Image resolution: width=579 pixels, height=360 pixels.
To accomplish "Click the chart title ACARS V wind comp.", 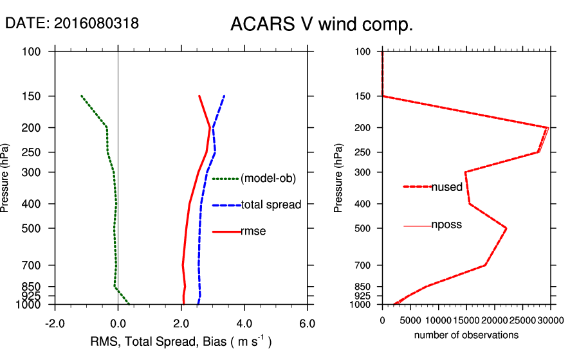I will [321, 25].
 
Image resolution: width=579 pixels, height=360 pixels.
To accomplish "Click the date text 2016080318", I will [96, 23].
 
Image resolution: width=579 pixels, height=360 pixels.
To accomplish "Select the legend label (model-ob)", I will [268, 179].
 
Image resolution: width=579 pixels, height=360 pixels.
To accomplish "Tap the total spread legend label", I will [271, 205].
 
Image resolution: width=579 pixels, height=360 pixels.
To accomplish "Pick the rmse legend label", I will [253, 231].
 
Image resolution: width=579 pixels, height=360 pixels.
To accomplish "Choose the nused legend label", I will [446, 187].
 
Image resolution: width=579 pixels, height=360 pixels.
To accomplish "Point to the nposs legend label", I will [446, 225].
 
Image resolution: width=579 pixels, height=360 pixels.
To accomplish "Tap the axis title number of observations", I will [466, 335].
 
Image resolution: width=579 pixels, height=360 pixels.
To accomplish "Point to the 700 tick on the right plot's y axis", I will [363, 265].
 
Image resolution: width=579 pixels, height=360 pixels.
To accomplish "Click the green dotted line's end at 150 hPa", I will [82, 96].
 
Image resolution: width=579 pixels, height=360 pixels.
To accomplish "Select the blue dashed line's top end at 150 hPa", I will [224, 96].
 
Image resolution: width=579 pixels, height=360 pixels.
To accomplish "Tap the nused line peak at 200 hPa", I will [547, 127].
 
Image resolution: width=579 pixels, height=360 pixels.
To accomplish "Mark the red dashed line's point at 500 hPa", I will [506, 228].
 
